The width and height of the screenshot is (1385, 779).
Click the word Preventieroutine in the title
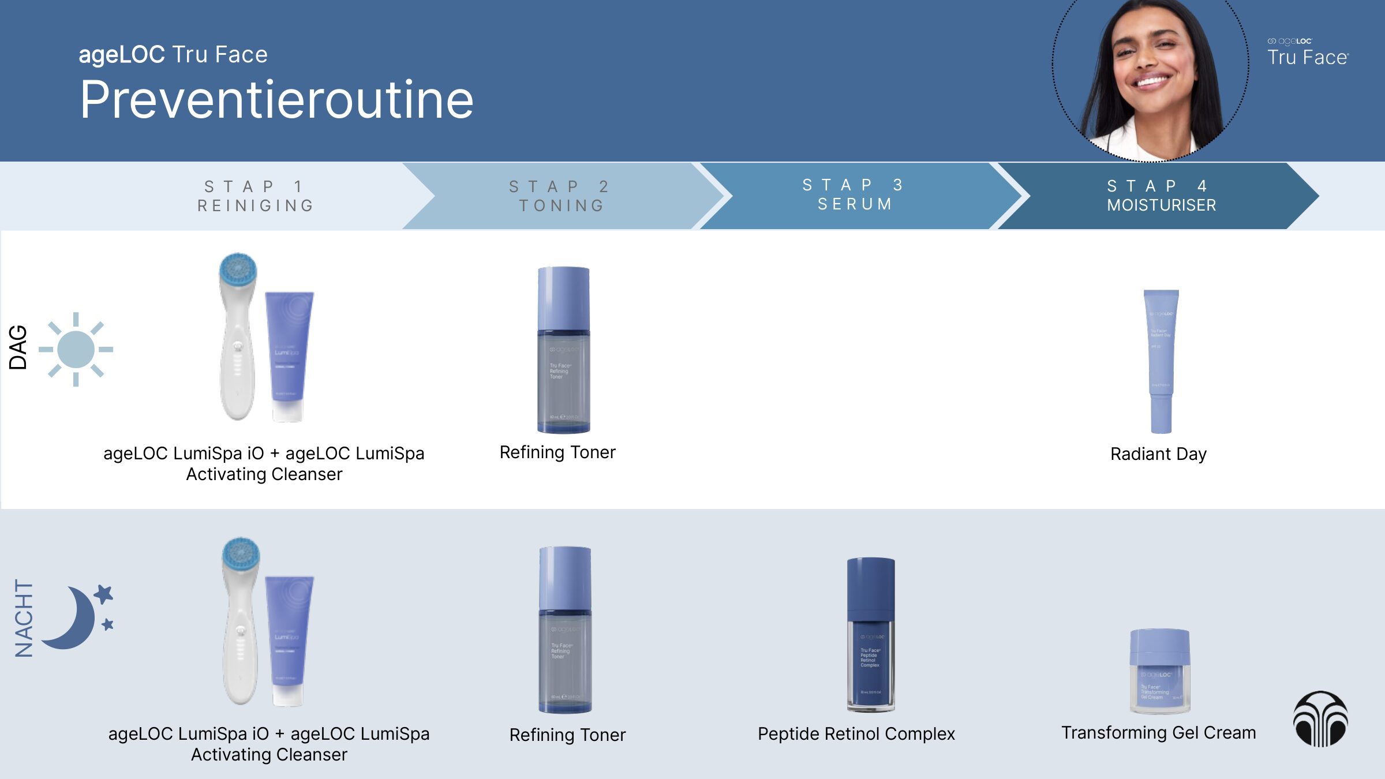276,100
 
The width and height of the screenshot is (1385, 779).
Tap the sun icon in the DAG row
76,349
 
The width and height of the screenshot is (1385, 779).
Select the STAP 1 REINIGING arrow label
256,196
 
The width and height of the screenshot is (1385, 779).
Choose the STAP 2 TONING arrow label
560,196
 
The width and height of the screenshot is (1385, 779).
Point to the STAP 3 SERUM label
854,194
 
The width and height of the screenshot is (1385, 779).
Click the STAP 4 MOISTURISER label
1161,196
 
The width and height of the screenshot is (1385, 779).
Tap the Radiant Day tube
1161,361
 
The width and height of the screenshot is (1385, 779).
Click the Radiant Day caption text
1158,454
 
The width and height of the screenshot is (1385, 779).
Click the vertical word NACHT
24,618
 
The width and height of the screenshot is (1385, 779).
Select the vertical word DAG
18,347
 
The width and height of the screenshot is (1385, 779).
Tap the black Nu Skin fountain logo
1320,718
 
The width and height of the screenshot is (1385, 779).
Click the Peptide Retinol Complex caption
856,734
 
